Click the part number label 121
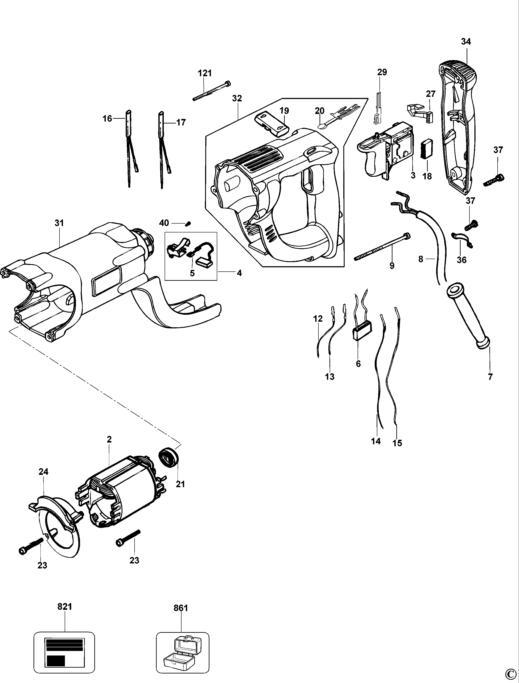pyautogui.click(x=204, y=73)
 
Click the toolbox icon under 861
pyautogui.click(x=183, y=650)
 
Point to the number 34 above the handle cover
pyautogui.click(x=466, y=41)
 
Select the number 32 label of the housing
pyautogui.click(x=237, y=98)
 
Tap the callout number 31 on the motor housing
pyautogui.click(x=59, y=223)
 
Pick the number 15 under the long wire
pyautogui.click(x=397, y=443)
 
